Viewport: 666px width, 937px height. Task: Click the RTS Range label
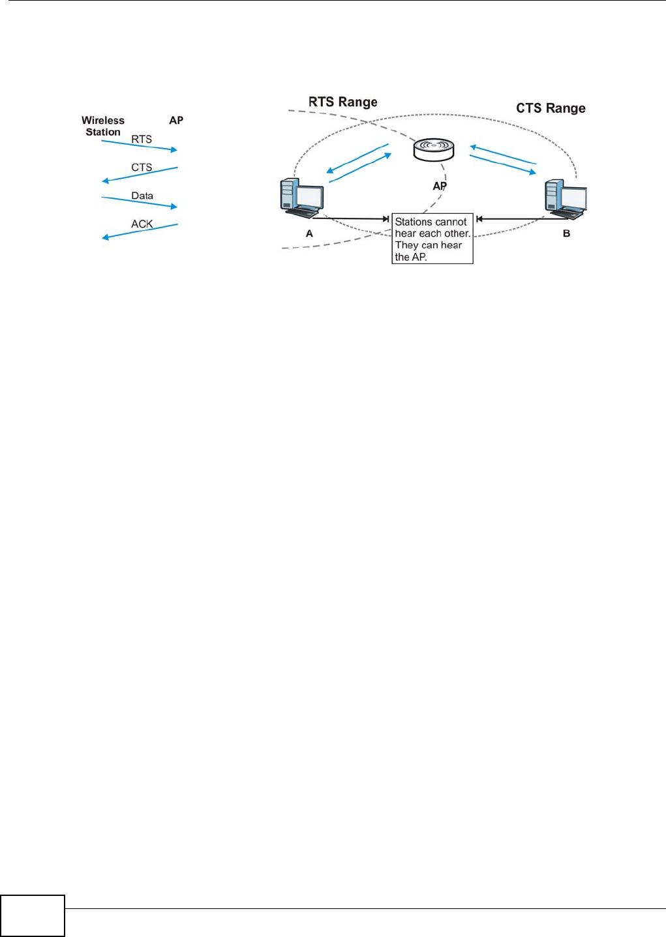pos(342,102)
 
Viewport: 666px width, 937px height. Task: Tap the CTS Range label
pos(551,108)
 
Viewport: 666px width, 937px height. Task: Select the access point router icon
pos(434,150)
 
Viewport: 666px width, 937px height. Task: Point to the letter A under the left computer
pos(309,233)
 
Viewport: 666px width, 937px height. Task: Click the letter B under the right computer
pos(566,233)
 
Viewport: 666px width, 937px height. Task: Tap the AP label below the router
pos(440,186)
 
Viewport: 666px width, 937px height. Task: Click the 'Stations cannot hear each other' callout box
pos(432,239)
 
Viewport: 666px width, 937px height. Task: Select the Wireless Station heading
pos(103,126)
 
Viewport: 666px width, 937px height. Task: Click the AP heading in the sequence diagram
pos(176,121)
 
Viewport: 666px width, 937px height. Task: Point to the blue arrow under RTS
pos(139,146)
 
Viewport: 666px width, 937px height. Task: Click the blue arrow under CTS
pos(140,175)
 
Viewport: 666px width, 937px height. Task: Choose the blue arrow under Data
pos(139,202)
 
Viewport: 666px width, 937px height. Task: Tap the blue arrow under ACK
pos(140,231)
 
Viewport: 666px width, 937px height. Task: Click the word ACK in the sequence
pos(142,224)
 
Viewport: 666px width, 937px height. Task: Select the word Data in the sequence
pos(142,196)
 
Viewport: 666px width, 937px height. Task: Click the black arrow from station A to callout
pos(351,219)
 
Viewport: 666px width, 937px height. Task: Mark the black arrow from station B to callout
pos(512,219)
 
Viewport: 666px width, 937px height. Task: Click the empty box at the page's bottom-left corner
pos(33,915)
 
